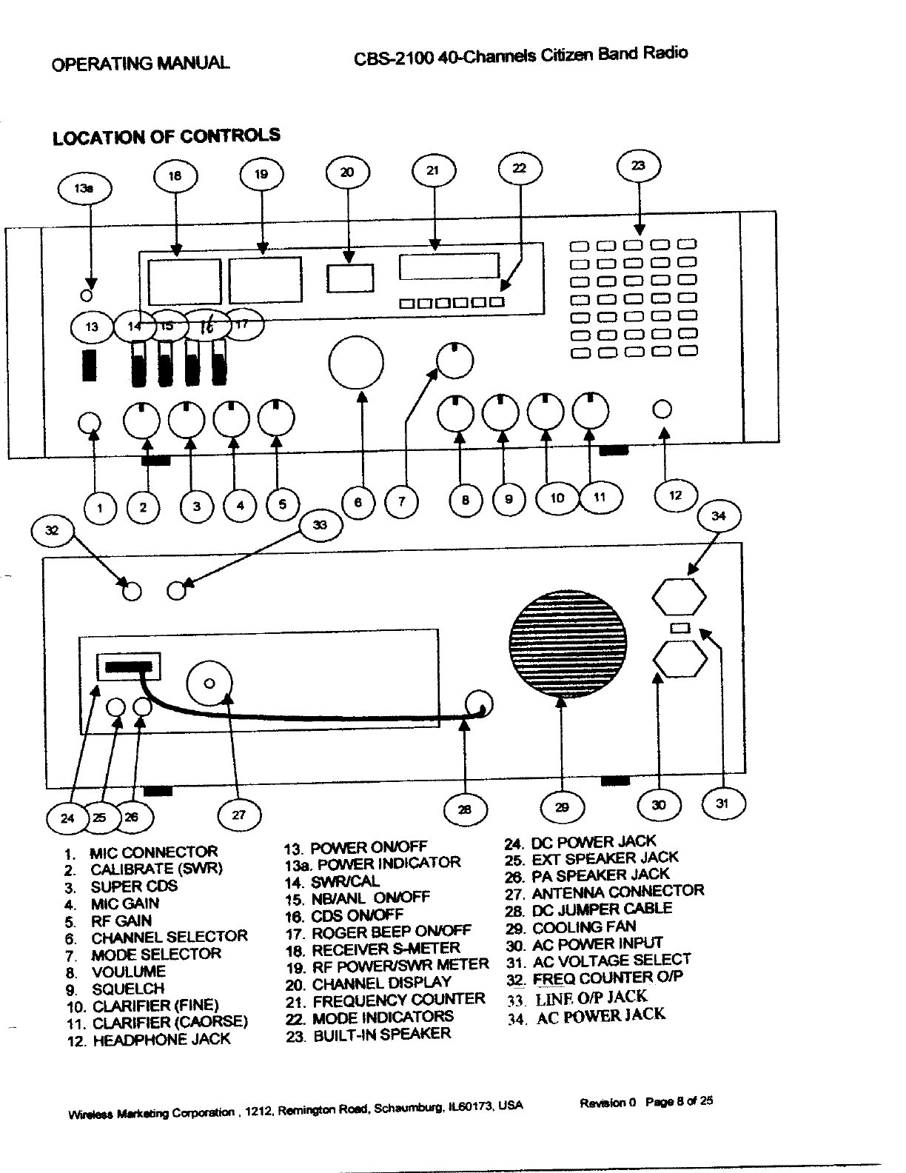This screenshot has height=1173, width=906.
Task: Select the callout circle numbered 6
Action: pos(358,502)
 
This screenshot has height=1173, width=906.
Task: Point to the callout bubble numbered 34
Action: pos(718,516)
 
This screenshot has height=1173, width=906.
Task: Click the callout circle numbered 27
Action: pos(239,815)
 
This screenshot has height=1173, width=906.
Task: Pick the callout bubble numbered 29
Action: pos(563,807)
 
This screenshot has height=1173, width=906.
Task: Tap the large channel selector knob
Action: pos(356,364)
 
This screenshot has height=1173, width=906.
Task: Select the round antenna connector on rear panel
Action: pos(209,684)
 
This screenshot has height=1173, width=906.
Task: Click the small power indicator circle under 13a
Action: pos(87,295)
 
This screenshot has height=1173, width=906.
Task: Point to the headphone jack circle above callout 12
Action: pos(663,408)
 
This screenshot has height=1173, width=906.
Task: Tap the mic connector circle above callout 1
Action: pos(89,422)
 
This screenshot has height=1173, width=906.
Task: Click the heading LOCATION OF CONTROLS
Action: pos(167,136)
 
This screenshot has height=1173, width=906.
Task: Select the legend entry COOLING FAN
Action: pos(584,927)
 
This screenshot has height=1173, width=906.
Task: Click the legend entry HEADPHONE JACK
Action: pos(161,1040)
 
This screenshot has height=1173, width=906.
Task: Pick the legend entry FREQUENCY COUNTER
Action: pos(398,1000)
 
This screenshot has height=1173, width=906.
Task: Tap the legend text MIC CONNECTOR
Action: pos(154,852)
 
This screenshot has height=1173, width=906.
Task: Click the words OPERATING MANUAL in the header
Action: pos(141,62)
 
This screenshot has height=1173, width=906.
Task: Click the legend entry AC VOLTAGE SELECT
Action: pos(611,961)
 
